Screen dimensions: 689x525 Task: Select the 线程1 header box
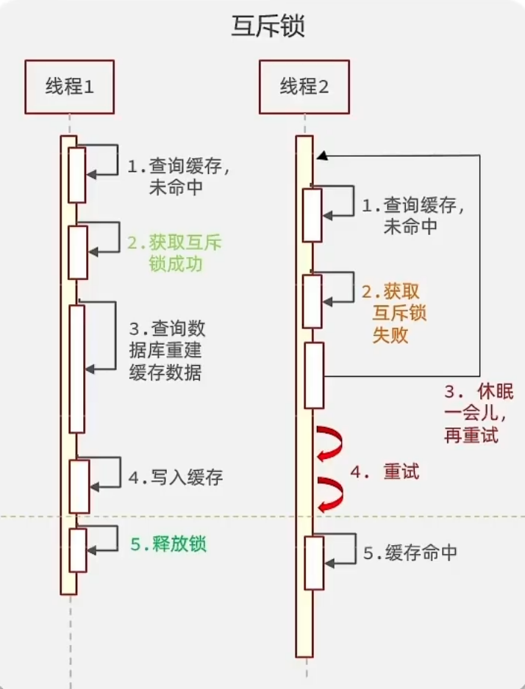pos(69,87)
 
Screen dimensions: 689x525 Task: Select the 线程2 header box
pos(304,87)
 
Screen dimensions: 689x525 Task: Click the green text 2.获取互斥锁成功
pos(175,252)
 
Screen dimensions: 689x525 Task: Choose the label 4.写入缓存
pos(175,477)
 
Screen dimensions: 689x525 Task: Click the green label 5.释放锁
pos(168,544)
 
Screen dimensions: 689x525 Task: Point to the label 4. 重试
pos(385,472)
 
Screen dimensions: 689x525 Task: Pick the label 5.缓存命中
pos(410,552)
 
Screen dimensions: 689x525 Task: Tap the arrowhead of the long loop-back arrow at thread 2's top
pos(321,156)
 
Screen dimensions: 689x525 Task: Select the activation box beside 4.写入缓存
pos(79,486)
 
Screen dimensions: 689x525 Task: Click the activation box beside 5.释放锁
pos(78,549)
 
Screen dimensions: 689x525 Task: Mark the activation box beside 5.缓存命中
pos(314,562)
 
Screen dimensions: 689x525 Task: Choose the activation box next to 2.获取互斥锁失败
pos(313,301)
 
